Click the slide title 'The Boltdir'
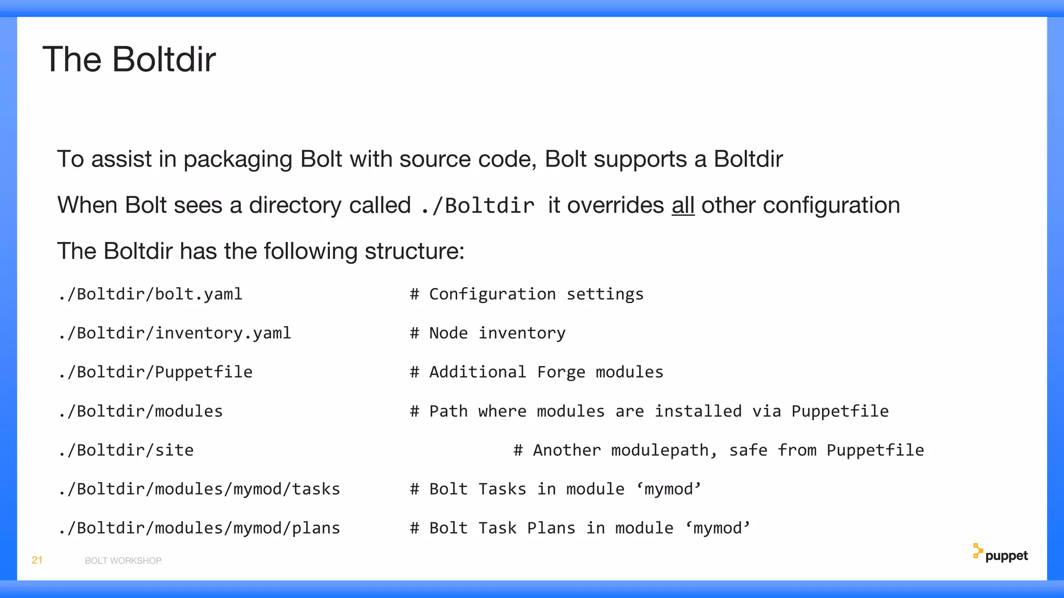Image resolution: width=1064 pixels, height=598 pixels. (x=129, y=59)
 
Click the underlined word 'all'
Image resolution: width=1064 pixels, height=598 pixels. (x=683, y=206)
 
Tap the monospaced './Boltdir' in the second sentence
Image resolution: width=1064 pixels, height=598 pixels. (x=477, y=206)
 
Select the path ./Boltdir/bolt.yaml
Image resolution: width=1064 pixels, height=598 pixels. (x=150, y=294)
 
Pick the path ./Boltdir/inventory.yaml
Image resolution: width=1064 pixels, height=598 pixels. (x=175, y=333)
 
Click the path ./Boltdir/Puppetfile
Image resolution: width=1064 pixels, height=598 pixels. (x=155, y=372)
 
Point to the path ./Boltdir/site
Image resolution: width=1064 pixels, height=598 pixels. (x=126, y=450)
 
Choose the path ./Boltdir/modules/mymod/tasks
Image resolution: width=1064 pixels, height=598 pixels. (x=199, y=489)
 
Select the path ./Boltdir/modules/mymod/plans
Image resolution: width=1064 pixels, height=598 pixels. (x=199, y=528)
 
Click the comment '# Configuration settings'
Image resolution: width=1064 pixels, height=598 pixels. (x=526, y=294)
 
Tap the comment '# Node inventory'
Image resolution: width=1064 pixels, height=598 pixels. (x=487, y=333)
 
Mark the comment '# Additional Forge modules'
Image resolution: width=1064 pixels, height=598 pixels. (x=536, y=372)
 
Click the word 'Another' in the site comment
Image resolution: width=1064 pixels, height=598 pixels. (x=566, y=450)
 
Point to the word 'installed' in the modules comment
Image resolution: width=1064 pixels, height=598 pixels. (x=698, y=411)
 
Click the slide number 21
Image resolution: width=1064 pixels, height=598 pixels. (x=37, y=560)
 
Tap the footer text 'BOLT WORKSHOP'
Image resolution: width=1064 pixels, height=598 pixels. (x=123, y=561)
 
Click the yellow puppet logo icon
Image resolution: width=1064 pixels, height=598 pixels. (x=977, y=551)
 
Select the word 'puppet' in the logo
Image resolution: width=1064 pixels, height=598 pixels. (x=1006, y=556)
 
